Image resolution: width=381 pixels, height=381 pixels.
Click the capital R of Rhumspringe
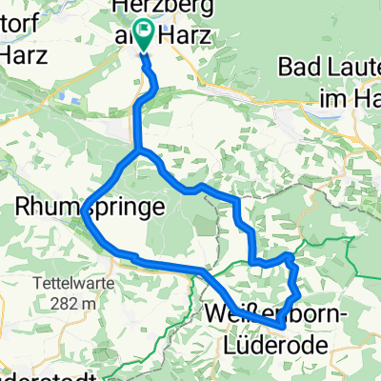tap(25, 205)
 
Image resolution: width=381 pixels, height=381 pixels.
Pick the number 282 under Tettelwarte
tap(63, 302)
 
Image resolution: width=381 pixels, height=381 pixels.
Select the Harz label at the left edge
tap(20, 57)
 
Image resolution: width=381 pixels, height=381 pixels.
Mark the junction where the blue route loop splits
tap(140, 150)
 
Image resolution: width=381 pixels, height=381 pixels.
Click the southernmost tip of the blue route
tap(283, 327)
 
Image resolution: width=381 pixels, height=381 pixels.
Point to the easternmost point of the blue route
tap(301, 291)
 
